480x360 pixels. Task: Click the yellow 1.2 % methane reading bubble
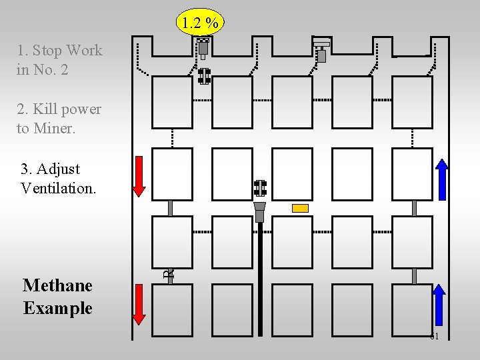tap(201, 23)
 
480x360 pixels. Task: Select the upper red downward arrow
tap(139, 175)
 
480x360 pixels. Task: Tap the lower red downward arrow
tap(139, 304)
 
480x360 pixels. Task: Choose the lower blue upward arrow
tap(439, 303)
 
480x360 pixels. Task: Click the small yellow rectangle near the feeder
tap(301, 208)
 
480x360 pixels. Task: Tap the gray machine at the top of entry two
tap(203, 47)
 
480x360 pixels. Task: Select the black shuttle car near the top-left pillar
tap(204, 76)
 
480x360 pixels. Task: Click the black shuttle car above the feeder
tap(260, 188)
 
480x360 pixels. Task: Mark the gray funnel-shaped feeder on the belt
tap(260, 211)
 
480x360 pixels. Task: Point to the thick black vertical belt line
tap(260, 280)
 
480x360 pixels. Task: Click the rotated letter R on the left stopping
tap(170, 272)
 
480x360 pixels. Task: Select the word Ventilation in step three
tap(59, 188)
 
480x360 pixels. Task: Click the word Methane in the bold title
tap(57, 285)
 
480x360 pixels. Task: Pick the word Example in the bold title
tap(57, 308)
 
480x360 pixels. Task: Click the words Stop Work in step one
tap(68, 50)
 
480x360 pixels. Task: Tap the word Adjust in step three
tap(59, 169)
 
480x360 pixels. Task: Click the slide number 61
tap(435, 336)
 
